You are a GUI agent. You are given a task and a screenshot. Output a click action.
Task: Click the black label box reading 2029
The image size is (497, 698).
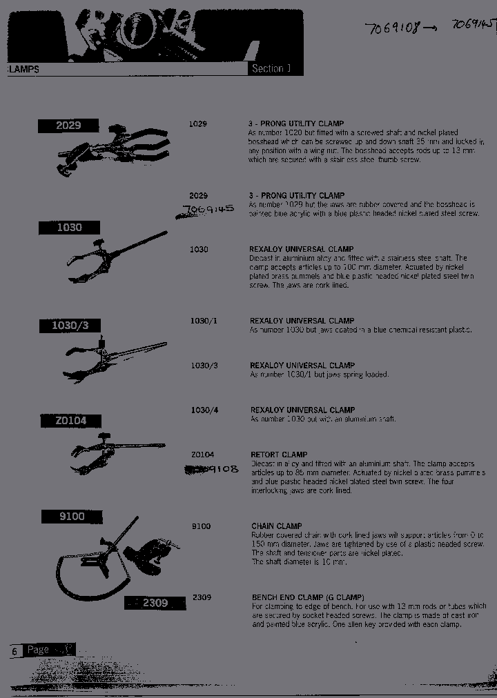click(x=68, y=125)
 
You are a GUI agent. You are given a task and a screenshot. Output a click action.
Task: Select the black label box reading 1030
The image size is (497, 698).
click(x=69, y=228)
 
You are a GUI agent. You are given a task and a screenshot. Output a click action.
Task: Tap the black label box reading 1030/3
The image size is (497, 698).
click(x=70, y=326)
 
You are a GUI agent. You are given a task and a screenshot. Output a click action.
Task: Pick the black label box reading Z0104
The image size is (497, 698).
click(x=70, y=420)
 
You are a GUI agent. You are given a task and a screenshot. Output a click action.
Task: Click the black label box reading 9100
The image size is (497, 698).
click(x=72, y=516)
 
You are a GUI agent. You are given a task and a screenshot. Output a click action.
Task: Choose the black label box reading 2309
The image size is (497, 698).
click(x=155, y=603)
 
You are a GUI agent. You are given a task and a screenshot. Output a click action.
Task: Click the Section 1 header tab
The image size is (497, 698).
click(x=273, y=68)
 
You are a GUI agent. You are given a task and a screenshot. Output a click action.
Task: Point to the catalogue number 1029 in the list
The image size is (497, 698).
click(x=198, y=123)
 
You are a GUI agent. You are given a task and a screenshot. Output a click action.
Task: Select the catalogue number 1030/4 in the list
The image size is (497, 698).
click(x=204, y=410)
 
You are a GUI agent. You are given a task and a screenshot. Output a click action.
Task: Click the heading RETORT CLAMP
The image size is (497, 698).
click(x=279, y=455)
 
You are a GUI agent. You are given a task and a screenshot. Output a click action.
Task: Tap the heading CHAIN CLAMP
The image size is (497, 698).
click(x=277, y=526)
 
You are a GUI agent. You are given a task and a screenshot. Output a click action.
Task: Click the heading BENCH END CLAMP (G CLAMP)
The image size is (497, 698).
click(x=308, y=597)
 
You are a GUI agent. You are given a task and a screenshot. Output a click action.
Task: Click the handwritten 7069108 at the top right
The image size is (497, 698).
click(x=393, y=29)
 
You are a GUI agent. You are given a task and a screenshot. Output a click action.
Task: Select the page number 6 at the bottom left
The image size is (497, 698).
click(x=14, y=650)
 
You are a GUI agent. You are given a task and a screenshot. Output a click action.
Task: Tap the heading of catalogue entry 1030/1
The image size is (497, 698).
click(x=302, y=321)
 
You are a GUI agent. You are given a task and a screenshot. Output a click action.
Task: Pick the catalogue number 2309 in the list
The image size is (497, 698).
click(x=202, y=597)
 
